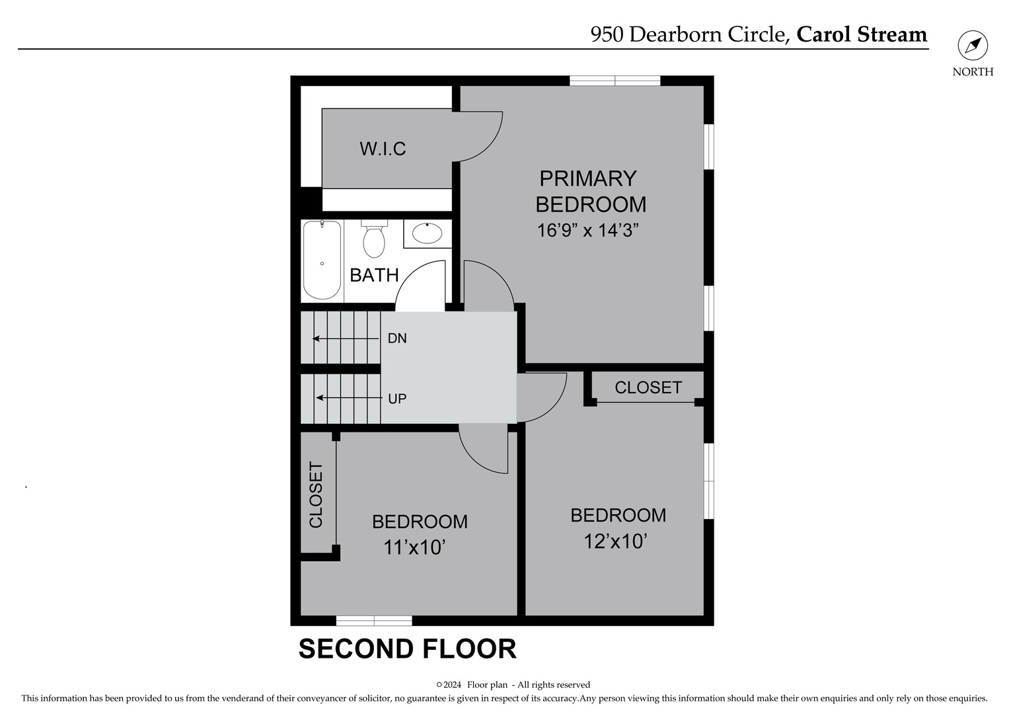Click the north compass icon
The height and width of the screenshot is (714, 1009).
(x=973, y=46)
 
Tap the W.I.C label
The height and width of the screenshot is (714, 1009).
(x=383, y=149)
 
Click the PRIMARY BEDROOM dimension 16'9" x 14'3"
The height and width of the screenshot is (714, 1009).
(x=587, y=231)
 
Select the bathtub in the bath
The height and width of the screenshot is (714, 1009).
(x=322, y=260)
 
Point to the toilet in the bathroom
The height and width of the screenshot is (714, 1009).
(x=374, y=240)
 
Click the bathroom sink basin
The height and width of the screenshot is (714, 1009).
(x=427, y=233)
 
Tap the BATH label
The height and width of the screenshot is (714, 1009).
(x=374, y=275)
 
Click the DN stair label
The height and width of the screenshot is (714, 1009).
(x=397, y=338)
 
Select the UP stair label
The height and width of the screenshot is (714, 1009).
(x=397, y=399)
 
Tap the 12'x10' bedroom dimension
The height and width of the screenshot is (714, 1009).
(x=615, y=541)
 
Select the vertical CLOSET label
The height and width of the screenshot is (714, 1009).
(x=316, y=495)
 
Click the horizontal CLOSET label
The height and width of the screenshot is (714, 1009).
(x=648, y=387)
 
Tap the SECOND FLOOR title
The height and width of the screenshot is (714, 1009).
(x=407, y=649)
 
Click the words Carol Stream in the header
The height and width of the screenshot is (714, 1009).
(x=861, y=34)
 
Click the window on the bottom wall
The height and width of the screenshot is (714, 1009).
(x=374, y=620)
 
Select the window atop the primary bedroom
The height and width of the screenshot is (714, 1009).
(x=615, y=81)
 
